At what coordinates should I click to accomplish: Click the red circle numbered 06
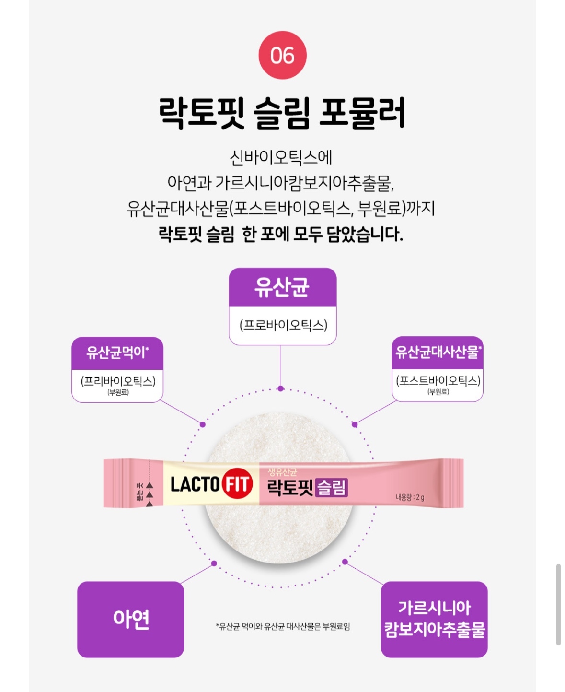pos(282,55)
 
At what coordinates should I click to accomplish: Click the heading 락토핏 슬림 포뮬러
pos(282,113)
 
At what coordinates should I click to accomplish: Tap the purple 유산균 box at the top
pos(282,287)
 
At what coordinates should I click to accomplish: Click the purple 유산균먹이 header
pos(117,353)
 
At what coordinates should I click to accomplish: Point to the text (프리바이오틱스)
pos(118,381)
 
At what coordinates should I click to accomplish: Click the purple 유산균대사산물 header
pos(438,352)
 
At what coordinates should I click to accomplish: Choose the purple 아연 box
pos(130,619)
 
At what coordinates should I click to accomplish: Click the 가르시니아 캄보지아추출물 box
pos(434,619)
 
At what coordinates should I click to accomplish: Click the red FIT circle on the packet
pos(237,483)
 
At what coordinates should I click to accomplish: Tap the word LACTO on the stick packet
pos(195,484)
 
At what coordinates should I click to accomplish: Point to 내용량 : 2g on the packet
pos(410,497)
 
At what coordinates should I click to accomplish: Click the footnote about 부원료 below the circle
pos(283,626)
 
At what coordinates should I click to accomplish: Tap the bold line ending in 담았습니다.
pos(281,234)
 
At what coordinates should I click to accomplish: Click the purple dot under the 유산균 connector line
pos(280,388)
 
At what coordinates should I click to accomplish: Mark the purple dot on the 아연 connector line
pos(214,563)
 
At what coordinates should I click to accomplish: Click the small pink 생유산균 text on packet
pos(283,471)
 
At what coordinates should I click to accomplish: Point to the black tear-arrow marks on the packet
pos(149,494)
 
